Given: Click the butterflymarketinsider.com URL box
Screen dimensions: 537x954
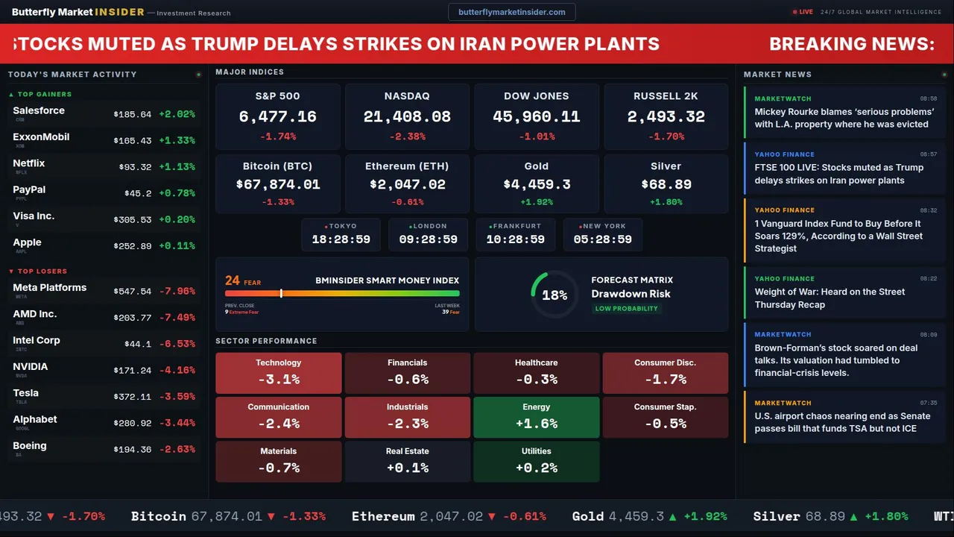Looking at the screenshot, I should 511,12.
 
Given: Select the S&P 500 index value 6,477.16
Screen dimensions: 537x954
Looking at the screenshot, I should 277,116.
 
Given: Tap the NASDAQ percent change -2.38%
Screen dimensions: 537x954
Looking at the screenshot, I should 407,136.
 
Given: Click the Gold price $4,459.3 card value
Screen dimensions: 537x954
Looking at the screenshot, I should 537,184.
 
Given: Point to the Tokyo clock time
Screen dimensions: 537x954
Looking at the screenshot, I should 341,239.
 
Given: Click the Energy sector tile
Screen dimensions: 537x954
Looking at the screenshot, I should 536,417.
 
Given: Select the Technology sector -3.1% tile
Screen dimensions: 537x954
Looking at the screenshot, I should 278,373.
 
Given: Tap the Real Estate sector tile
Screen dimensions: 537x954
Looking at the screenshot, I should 407,461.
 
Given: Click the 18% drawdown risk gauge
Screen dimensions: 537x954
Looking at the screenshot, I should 555,295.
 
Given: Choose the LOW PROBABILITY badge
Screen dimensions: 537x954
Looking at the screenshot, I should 626,309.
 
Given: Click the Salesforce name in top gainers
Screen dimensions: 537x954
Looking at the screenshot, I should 39,110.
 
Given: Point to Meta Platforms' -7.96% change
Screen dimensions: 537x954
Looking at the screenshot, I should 177,291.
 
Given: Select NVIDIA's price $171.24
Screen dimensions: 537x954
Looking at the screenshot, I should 133,370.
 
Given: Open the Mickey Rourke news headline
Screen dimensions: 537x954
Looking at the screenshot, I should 844,118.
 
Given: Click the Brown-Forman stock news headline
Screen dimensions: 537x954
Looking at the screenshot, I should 836,360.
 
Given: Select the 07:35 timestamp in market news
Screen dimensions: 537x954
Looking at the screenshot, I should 928,403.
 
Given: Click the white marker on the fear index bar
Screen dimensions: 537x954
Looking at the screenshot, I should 281,294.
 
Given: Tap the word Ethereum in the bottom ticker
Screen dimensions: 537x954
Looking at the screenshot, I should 383,516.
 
